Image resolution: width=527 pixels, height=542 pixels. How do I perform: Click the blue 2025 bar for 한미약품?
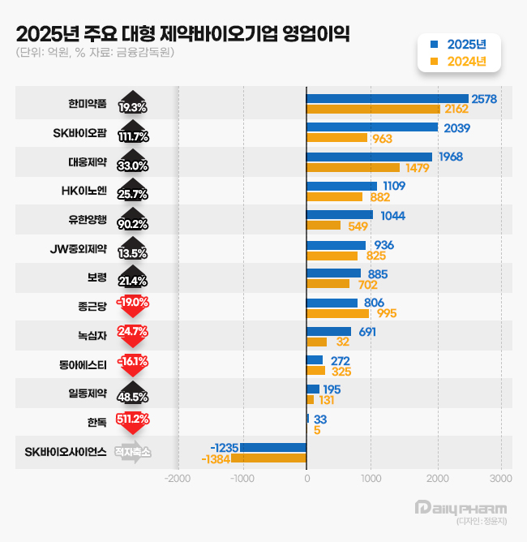pyautogui.click(x=388, y=98)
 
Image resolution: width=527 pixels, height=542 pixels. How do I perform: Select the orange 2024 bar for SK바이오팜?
pyautogui.click(x=337, y=138)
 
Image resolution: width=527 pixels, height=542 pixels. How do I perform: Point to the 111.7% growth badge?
pyautogui.click(x=133, y=135)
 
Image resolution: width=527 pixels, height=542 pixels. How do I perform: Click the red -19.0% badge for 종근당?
pyautogui.click(x=133, y=302)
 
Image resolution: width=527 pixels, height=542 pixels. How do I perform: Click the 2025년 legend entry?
pyautogui.click(x=459, y=44)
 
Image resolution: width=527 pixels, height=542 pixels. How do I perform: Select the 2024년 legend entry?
pyautogui.click(x=459, y=61)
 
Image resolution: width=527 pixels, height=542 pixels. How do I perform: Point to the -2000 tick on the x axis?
pyautogui.click(x=177, y=479)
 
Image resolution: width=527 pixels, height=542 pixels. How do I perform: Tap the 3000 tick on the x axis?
pyautogui.click(x=501, y=479)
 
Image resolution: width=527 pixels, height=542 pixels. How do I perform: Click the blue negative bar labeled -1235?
pyautogui.click(x=273, y=448)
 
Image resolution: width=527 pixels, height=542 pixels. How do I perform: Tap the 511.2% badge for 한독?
pyautogui.click(x=133, y=419)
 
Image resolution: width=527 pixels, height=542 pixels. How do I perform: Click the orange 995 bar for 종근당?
pyautogui.click(x=337, y=313)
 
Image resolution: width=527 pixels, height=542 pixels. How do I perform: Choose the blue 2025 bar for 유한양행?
pyautogui.click(x=340, y=215)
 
